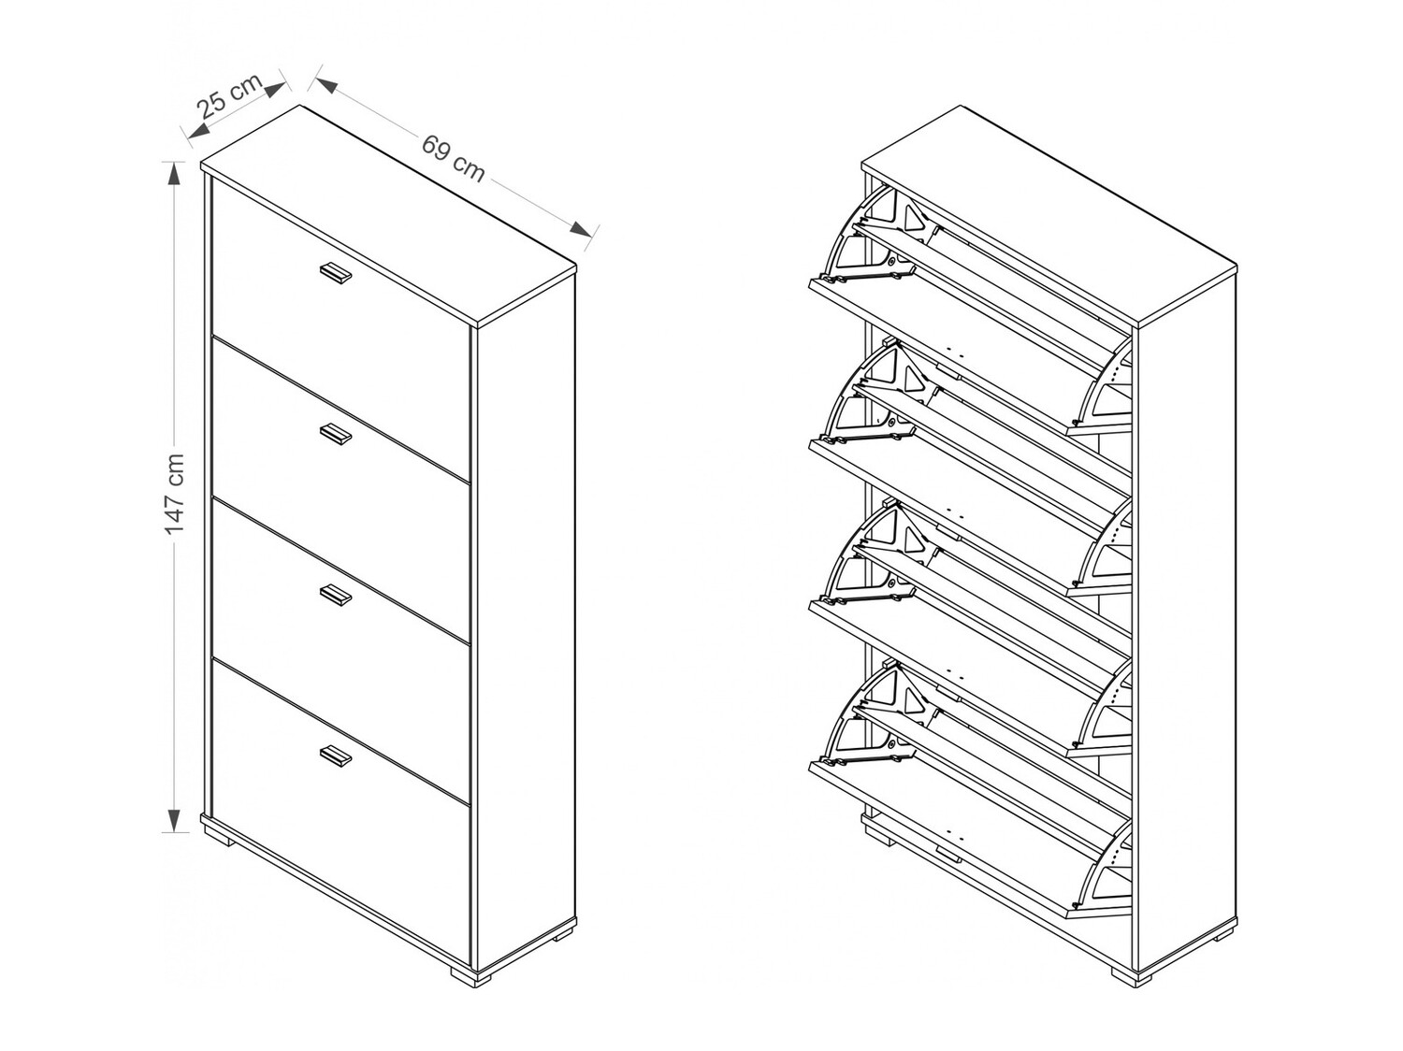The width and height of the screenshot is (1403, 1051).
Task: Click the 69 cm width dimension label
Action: tap(454, 158)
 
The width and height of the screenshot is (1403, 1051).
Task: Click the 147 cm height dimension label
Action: tap(175, 496)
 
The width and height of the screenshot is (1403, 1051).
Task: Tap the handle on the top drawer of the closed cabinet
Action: tap(335, 272)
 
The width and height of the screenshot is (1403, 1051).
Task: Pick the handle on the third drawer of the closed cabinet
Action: tap(335, 595)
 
